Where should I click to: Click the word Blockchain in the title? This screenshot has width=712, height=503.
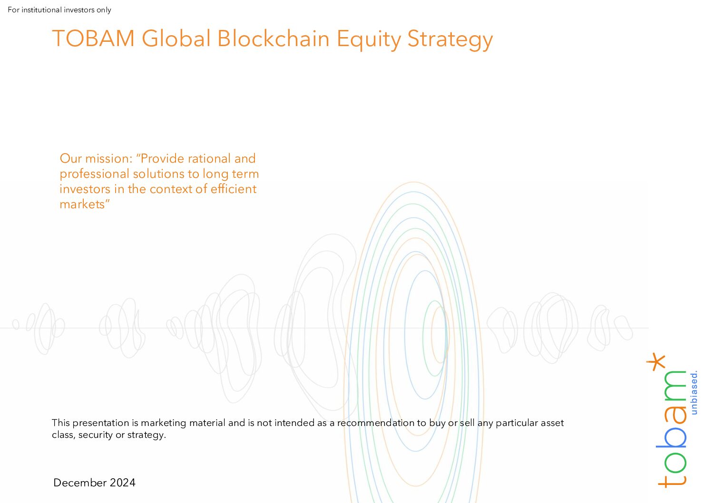tap(273, 39)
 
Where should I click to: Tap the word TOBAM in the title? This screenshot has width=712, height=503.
tap(93, 39)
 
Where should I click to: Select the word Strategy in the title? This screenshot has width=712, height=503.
tap(450, 40)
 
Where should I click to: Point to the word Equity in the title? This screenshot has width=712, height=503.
tap(369, 40)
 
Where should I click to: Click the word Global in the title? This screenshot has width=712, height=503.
tap(176, 39)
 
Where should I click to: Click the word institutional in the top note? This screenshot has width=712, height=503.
tap(42, 10)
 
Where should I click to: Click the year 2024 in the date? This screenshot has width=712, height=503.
tap(123, 483)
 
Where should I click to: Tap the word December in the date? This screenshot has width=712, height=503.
tap(80, 483)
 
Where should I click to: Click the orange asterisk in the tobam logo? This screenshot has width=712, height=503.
tap(656, 362)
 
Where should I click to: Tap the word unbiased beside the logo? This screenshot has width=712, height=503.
tap(694, 392)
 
